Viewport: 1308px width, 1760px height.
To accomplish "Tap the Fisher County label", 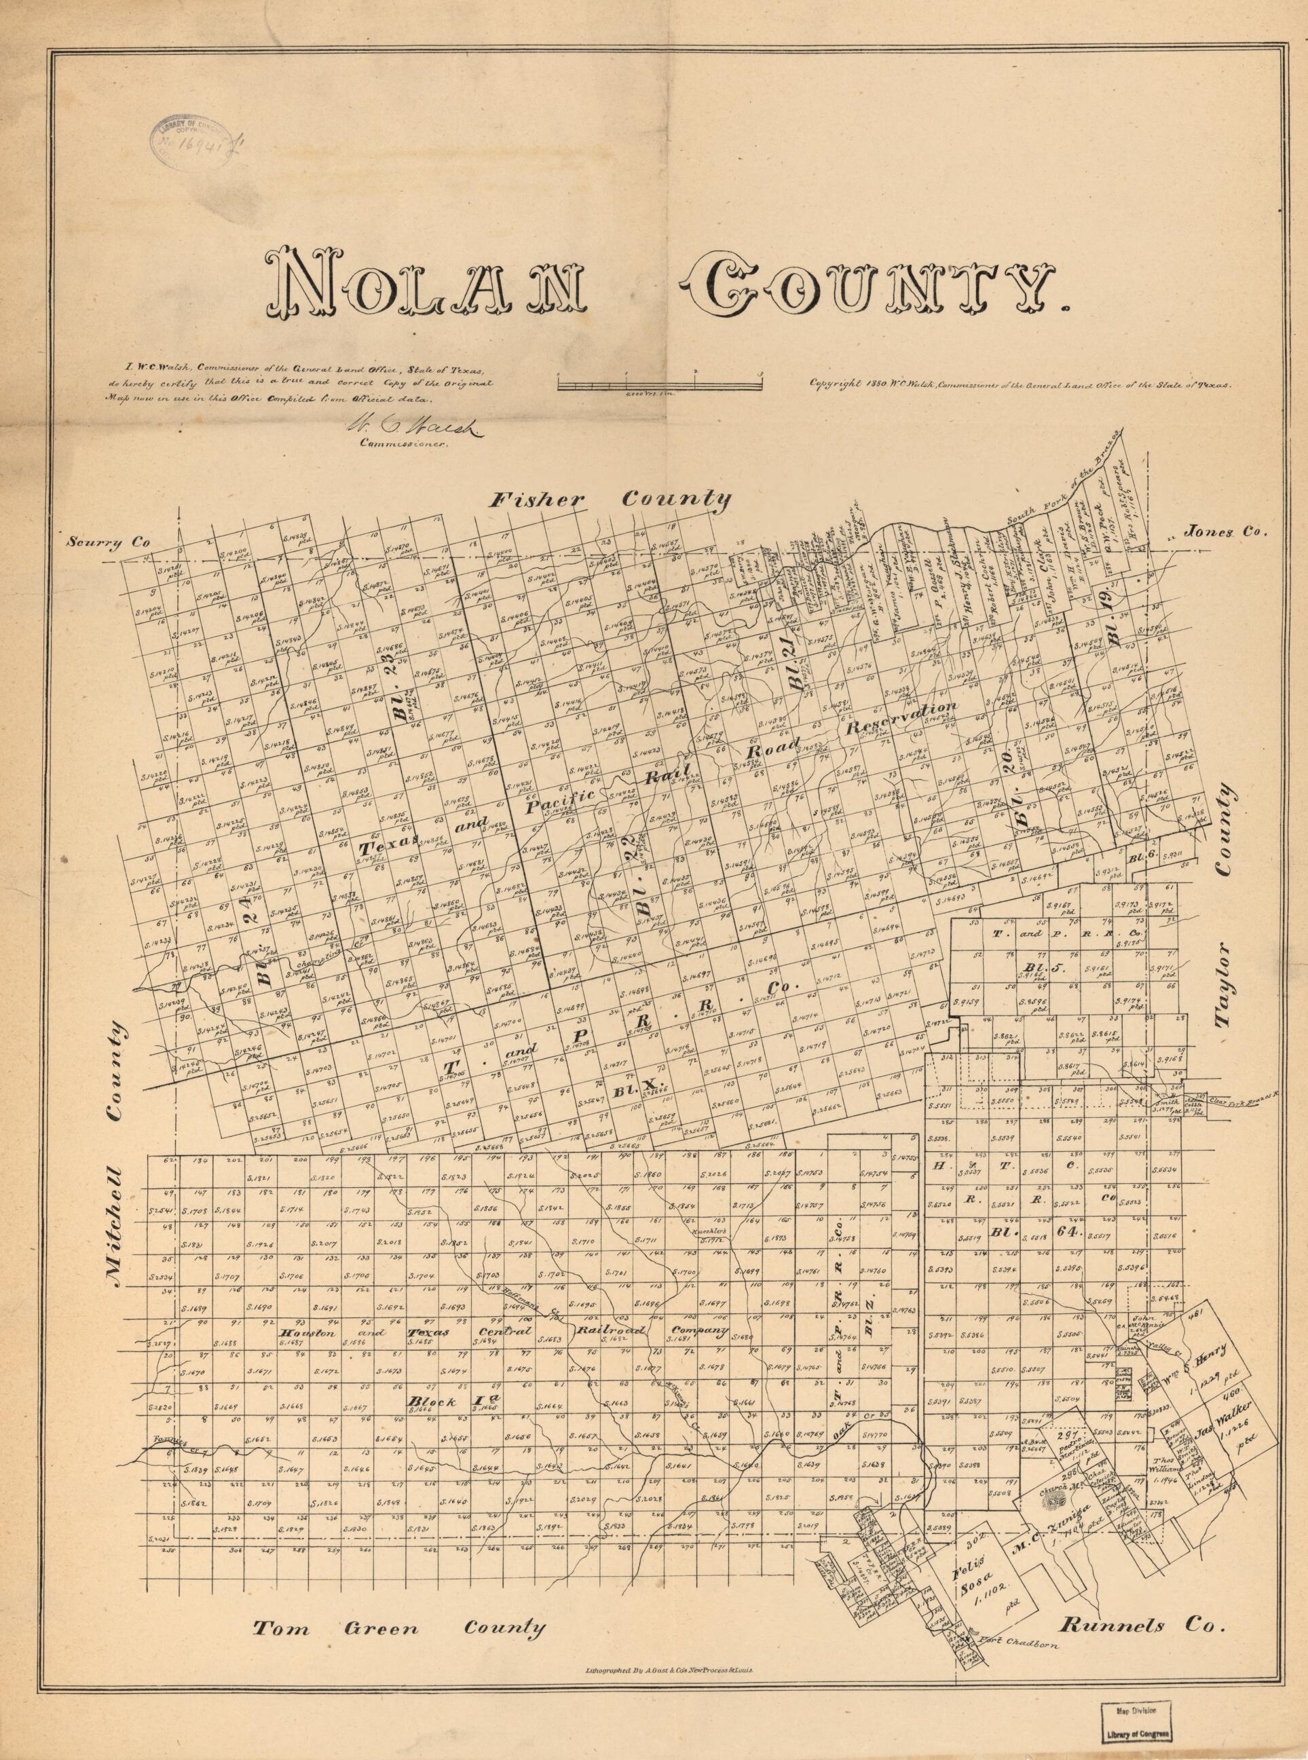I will (610, 500).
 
